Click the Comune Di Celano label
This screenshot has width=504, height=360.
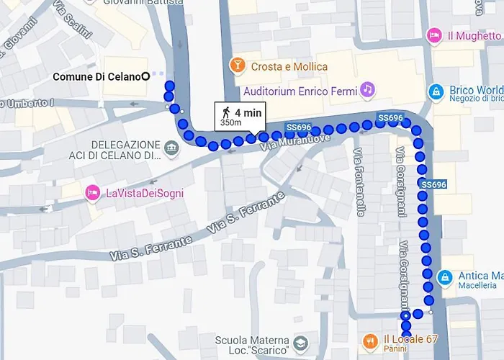[x=96, y=76]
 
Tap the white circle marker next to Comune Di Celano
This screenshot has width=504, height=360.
[x=146, y=76]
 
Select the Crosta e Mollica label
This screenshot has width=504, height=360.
[x=289, y=67]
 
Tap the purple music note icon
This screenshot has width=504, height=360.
[x=367, y=89]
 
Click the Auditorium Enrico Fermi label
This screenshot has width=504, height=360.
[x=300, y=91]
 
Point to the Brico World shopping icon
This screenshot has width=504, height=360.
[x=435, y=91]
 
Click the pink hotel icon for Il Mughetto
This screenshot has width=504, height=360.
[x=433, y=35]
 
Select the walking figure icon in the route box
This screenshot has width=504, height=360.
[x=226, y=112]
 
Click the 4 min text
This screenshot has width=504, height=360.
[x=247, y=112]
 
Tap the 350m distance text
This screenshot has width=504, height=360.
[x=230, y=122]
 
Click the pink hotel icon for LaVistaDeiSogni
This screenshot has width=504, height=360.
[x=92, y=192]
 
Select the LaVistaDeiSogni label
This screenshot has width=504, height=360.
[x=145, y=192]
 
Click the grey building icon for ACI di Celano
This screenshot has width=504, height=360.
[x=171, y=150]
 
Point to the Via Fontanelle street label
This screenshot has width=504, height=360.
[x=359, y=181]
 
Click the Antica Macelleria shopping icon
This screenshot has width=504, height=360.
[x=445, y=276]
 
